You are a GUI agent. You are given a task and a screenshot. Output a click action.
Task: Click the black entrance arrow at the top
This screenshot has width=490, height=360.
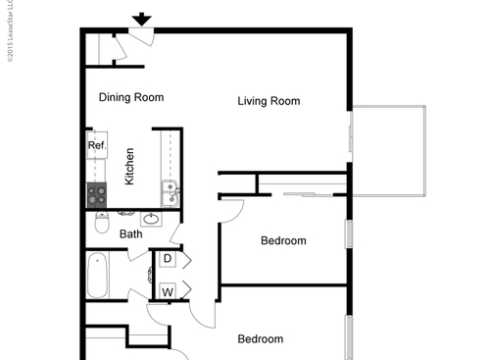[x=142, y=19]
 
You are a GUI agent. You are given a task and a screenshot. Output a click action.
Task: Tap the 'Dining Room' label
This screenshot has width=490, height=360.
[x=131, y=97]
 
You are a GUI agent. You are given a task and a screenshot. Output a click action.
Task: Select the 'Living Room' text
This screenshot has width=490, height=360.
[x=269, y=101]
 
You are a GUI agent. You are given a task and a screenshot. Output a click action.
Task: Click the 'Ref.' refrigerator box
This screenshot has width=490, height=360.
[x=96, y=145]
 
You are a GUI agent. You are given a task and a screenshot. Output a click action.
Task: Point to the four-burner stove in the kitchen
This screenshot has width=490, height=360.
[x=97, y=194]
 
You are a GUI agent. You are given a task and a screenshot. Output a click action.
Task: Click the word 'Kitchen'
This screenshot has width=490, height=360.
[x=129, y=167]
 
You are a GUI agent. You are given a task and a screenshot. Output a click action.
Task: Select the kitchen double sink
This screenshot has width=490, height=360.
[x=170, y=193]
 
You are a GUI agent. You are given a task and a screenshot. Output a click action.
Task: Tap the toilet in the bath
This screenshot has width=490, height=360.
[x=101, y=224]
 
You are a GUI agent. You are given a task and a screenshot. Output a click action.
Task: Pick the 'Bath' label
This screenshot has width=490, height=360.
[x=130, y=234]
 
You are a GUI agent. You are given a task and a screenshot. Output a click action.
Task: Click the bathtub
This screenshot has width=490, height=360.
[x=98, y=276]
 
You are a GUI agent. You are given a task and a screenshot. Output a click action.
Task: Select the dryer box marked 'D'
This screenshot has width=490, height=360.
[x=168, y=259]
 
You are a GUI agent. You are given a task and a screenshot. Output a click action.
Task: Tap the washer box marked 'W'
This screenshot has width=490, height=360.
[x=168, y=291]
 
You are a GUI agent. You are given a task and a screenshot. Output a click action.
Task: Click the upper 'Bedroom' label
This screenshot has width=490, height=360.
[x=283, y=240]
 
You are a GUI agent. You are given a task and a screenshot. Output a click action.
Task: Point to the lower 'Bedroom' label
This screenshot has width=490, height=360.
[x=262, y=339]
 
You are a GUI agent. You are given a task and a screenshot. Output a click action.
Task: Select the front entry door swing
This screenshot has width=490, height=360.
[x=141, y=38]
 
